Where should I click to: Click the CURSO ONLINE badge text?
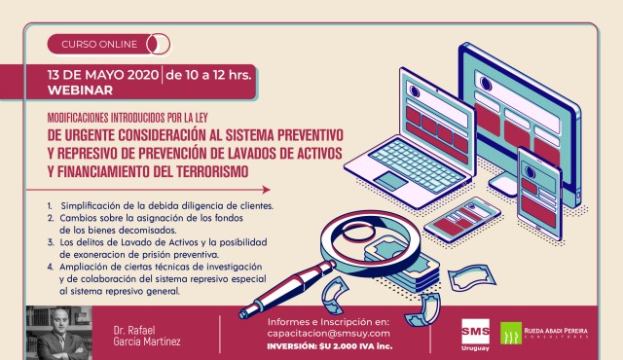[99, 44]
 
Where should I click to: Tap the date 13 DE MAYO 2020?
[103, 75]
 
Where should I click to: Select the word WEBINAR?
[80, 90]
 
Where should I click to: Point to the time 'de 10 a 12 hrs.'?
[208, 75]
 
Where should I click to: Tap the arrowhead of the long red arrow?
[266, 190]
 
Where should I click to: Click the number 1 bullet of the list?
[50, 206]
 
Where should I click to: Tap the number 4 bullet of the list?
[50, 267]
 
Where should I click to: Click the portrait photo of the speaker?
[58, 333]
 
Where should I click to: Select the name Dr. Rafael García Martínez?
[147, 336]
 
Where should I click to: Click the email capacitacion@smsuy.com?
[329, 334]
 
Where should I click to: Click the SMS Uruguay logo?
[475, 335]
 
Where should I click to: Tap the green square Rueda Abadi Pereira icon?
[511, 333]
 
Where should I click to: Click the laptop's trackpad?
[389, 181]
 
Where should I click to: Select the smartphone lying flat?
[463, 220]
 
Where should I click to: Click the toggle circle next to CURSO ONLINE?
[158, 44]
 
